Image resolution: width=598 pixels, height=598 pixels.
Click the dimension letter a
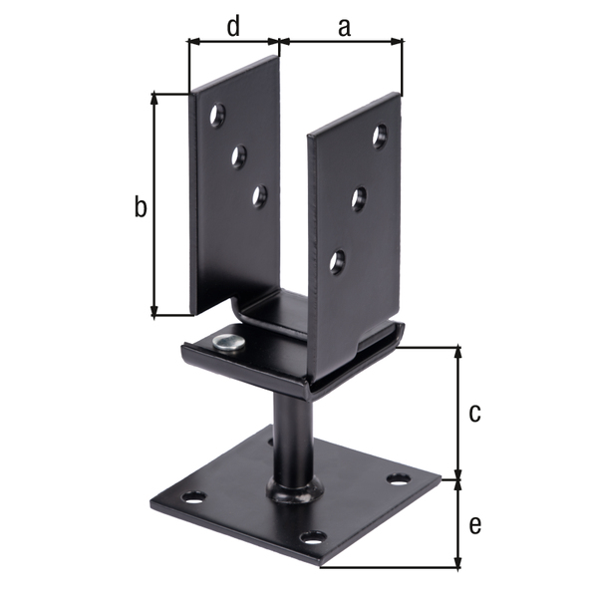[x=344, y=27]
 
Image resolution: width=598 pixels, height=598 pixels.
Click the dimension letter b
[x=141, y=207]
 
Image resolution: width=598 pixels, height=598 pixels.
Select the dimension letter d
[x=232, y=27]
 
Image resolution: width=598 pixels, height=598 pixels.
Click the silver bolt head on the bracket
[x=228, y=343]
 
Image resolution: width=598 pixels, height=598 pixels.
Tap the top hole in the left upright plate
[x=216, y=118]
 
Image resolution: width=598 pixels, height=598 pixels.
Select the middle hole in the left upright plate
[x=239, y=155]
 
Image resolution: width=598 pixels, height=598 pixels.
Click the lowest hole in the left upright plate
[x=259, y=196]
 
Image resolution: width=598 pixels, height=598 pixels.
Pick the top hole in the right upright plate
[x=380, y=136]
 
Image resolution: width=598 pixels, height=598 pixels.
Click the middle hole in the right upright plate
[x=359, y=198]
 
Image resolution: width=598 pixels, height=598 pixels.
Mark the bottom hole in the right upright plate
[x=338, y=262]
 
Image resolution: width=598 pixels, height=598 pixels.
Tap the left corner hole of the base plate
[x=193, y=495]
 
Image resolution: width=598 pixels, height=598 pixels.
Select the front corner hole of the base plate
[x=313, y=539]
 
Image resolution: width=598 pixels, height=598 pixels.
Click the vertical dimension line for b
[x=154, y=204]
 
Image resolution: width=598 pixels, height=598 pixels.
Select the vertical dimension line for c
[x=458, y=412]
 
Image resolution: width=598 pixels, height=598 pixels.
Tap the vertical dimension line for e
[x=458, y=523]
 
